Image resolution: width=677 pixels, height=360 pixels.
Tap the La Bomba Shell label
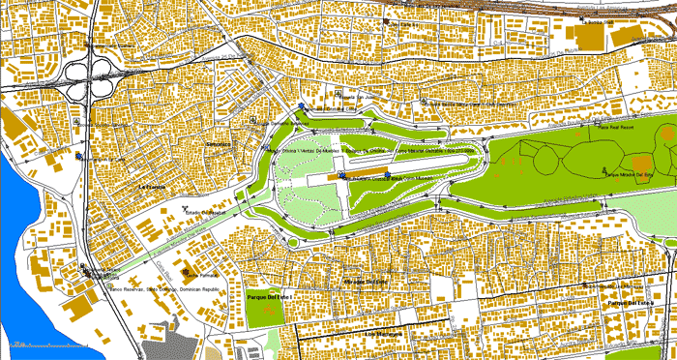[600, 21]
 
